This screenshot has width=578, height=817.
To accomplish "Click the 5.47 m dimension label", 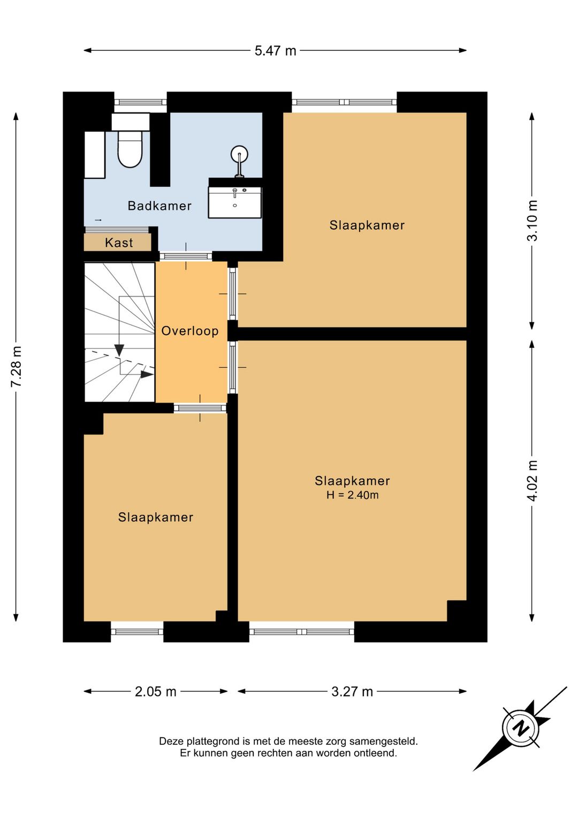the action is click(x=275, y=51).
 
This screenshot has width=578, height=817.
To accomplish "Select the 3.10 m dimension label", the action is click(x=533, y=220).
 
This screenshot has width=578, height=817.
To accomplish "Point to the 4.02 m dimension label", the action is click(x=533, y=480).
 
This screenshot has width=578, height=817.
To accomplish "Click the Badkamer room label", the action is click(x=159, y=206).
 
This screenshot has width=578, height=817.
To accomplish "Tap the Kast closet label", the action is click(x=119, y=243).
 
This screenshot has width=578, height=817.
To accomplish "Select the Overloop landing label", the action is click(x=190, y=331).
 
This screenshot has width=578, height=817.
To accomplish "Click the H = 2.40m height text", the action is click(x=353, y=495).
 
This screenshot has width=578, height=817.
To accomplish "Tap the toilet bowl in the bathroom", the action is click(x=130, y=149).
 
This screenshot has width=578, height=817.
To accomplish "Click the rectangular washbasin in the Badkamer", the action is click(x=235, y=202).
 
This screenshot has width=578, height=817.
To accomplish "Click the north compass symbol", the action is click(x=520, y=729).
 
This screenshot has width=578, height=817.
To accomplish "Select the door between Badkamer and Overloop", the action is click(x=186, y=256).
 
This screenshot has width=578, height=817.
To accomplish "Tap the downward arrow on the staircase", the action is click(x=119, y=350).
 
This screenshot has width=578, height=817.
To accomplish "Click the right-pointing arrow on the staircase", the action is click(x=147, y=374).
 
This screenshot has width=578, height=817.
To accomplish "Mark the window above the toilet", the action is click(x=140, y=102).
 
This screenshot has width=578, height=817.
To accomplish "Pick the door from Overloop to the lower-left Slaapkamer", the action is click(x=200, y=408).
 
